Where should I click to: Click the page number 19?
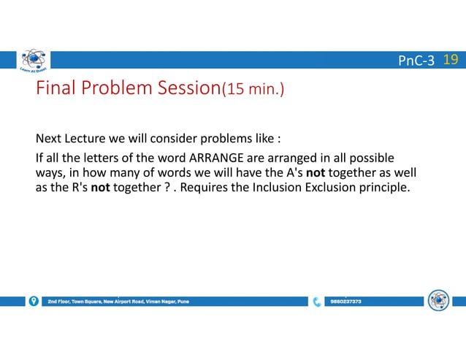[451, 60]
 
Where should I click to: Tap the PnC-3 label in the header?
[416, 61]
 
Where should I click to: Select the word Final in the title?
[56, 89]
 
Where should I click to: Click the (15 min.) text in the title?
[253, 91]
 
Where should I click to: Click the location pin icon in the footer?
[34, 301]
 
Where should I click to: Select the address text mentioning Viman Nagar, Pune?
[117, 301]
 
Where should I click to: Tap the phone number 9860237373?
[345, 301]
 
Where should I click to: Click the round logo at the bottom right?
[438, 300]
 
